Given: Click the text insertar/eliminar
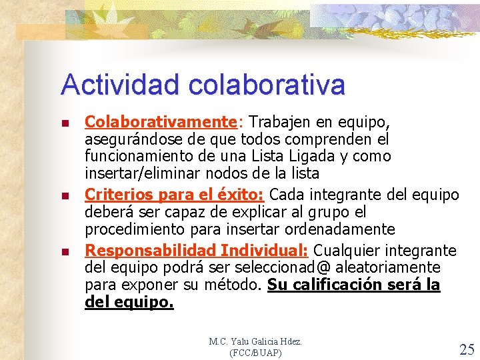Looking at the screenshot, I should [139, 173].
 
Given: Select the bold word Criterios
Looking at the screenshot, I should [114, 195].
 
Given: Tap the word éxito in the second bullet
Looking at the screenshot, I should [243, 195].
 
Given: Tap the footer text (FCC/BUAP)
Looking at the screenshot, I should [255, 352].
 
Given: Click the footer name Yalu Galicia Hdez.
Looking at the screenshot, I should [267, 341].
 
